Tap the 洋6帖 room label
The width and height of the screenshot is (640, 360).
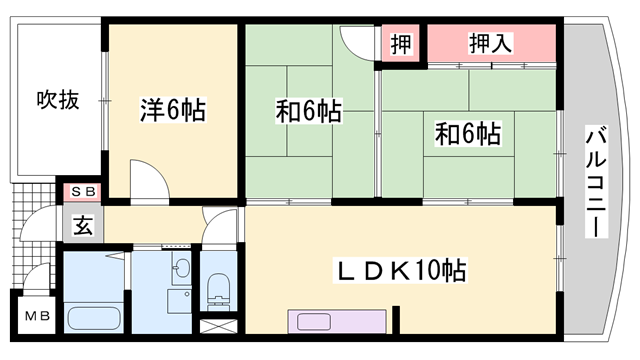point(172,110)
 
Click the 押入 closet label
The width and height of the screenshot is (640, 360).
point(491,43)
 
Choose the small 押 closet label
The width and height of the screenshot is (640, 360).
point(401,43)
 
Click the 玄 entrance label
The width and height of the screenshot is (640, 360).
point(82,225)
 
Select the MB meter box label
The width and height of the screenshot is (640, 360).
point(36,319)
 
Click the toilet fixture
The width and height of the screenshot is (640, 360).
point(216,288)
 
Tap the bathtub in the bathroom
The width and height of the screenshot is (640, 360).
point(93,318)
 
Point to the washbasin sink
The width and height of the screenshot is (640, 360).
point(180,267)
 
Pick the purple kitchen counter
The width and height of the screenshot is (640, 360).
point(335,321)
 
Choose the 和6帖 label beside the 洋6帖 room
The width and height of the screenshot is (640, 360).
point(309,111)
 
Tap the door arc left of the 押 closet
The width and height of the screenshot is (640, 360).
point(356,43)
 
